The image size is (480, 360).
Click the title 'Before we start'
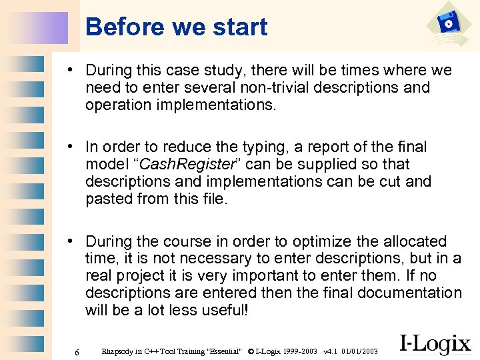(x=177, y=27)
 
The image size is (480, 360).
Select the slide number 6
(x=77, y=352)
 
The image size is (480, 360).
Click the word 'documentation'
(x=409, y=293)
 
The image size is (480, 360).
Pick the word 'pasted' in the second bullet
(x=109, y=199)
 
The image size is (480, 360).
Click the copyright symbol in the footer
(x=251, y=351)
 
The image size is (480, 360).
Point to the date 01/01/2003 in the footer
(x=359, y=351)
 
